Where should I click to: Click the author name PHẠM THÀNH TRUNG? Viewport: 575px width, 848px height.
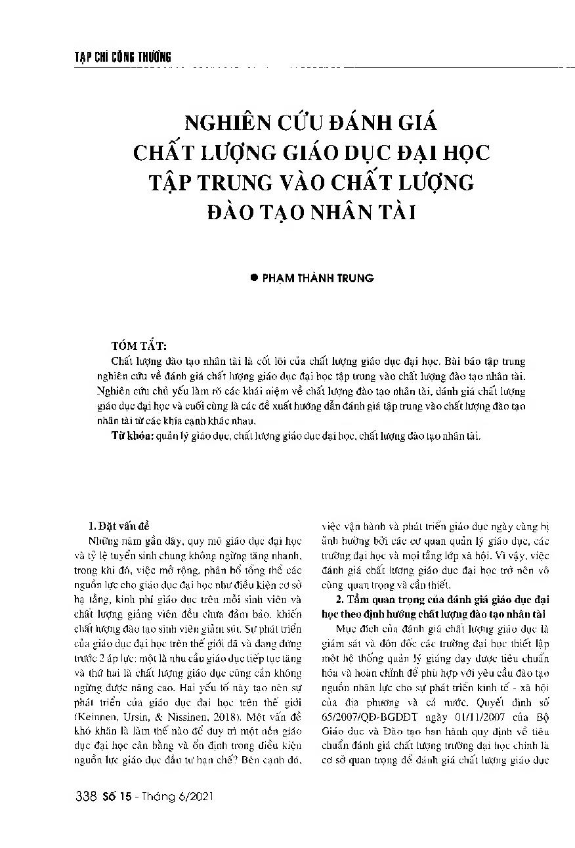coord(318,278)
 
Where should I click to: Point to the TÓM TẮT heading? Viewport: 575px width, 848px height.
coord(139,346)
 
